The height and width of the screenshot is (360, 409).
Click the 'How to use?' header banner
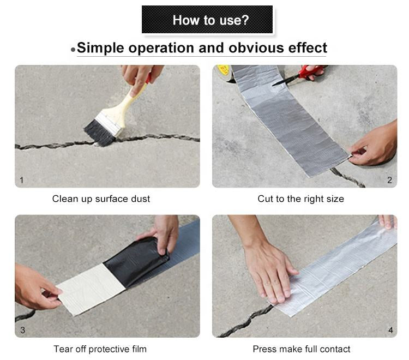(x=207, y=20)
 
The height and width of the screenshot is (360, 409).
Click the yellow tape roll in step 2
(x=224, y=71)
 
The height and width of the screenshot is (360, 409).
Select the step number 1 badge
(x=22, y=180)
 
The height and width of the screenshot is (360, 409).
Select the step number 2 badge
(x=389, y=180)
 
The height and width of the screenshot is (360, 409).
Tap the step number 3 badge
(x=22, y=330)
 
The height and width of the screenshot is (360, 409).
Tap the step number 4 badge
(x=389, y=330)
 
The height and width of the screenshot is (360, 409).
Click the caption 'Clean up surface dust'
(x=101, y=199)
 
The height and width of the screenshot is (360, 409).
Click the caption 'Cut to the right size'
(x=300, y=199)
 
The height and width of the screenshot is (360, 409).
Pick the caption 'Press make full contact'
(x=301, y=349)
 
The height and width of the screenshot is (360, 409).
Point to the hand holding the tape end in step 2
(x=376, y=145)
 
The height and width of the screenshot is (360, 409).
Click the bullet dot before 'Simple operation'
(x=73, y=50)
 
